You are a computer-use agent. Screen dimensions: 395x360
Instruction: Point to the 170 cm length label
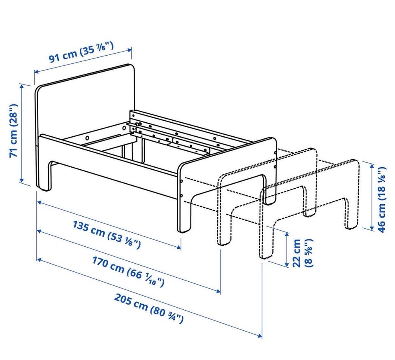pyautogui.click(x=128, y=271)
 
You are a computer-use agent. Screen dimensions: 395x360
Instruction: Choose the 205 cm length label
pyautogui.click(x=149, y=309)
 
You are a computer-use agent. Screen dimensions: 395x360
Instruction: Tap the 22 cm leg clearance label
pyautogui.click(x=302, y=253)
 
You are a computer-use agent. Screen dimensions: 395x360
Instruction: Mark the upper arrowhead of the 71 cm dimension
pyautogui.click(x=22, y=86)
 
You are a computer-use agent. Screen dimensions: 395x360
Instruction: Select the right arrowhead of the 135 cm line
pyautogui.click(x=179, y=248)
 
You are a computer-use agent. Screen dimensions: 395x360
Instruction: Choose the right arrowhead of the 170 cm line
pyautogui.click(x=218, y=292)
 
